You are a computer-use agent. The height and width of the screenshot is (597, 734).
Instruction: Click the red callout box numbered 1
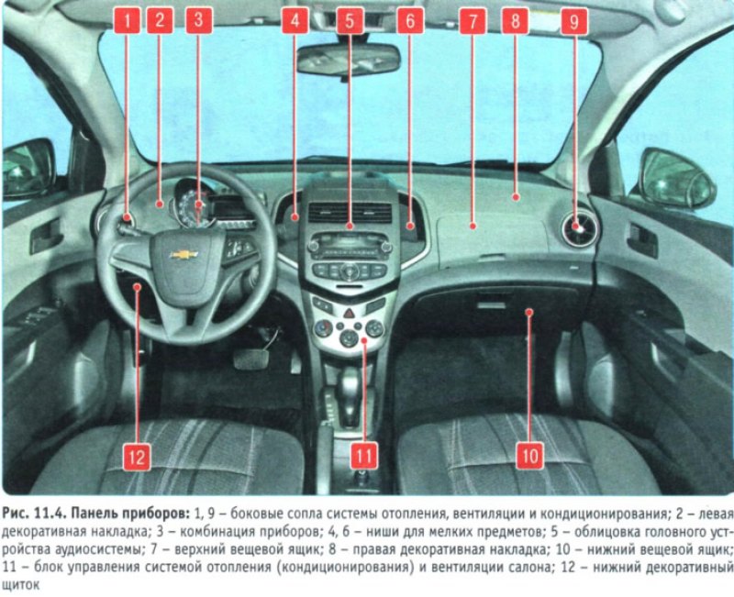pos(127,20)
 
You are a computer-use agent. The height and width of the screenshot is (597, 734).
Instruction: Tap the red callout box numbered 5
pos(350,20)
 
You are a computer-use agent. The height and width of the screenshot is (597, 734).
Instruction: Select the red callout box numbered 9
pos(574,21)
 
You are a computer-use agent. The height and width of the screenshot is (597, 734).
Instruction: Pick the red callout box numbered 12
pos(137,456)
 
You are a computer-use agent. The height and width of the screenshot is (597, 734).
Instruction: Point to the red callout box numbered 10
pos(530,455)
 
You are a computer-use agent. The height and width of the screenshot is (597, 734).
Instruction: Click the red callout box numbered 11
pos(364,455)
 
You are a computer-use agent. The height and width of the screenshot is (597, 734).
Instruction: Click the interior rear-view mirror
pos(349,60)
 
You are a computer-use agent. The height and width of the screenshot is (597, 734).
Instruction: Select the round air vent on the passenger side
pos(580,228)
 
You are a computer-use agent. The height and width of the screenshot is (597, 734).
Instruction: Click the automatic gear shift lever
pos(350,393)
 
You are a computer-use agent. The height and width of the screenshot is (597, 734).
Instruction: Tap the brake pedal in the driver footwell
pos(251,358)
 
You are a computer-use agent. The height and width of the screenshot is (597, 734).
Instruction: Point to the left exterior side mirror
pos(28,169)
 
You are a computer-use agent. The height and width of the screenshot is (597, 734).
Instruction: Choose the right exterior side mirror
pos(677,178)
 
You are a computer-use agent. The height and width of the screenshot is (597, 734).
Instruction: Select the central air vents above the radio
pos(350,213)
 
